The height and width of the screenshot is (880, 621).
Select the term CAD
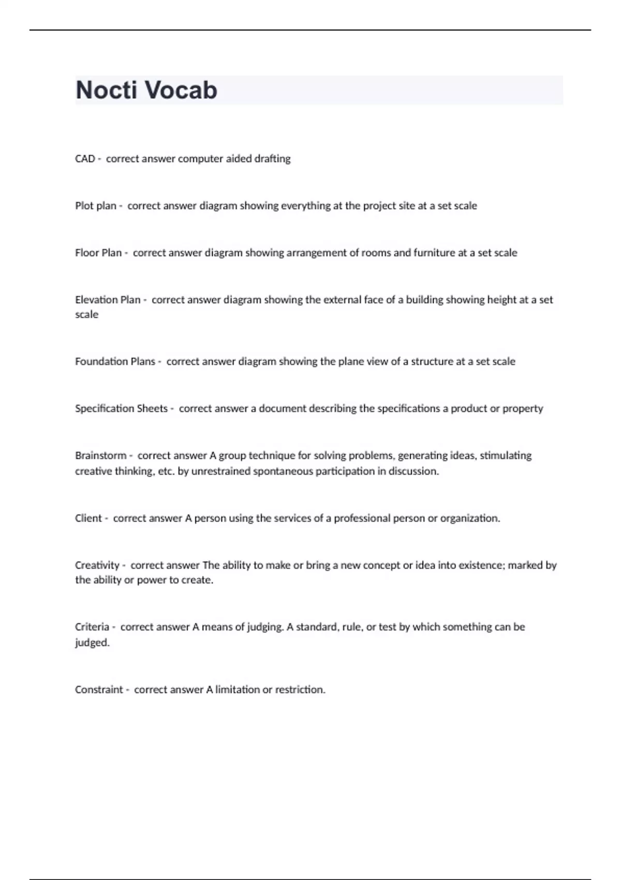(x=85, y=159)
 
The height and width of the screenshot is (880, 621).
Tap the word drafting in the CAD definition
(x=272, y=159)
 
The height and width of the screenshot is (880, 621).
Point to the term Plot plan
(x=96, y=206)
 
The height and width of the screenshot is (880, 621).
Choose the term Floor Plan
(x=98, y=253)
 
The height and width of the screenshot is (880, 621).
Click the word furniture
(x=435, y=253)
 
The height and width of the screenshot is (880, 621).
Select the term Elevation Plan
(x=108, y=300)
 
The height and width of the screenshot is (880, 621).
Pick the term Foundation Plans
(x=115, y=362)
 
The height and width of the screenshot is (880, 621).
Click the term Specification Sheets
(x=121, y=409)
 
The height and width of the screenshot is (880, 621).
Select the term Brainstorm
(x=100, y=456)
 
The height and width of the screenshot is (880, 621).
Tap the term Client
(x=88, y=519)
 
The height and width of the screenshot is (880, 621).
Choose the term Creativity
(x=97, y=566)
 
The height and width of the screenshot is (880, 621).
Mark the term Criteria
(x=92, y=627)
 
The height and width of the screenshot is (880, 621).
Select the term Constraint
(x=99, y=690)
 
